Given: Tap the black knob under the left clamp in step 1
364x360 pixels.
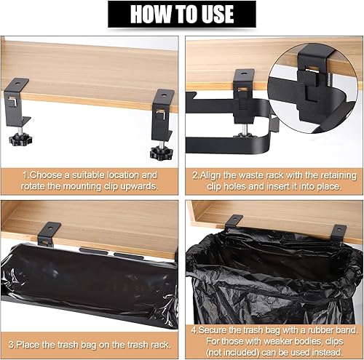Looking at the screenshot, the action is (20, 140).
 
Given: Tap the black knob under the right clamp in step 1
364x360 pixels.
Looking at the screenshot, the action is (161, 153).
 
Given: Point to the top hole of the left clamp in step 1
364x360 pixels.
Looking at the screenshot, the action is (17, 83).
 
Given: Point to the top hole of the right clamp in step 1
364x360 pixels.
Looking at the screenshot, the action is (164, 94).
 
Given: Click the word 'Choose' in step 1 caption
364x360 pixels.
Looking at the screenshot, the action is (47, 175).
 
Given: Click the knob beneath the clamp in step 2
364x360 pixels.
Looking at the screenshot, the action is (243, 135).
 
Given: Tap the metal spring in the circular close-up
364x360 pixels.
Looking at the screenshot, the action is (328, 78).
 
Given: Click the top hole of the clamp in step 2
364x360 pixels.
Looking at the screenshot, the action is (243, 73).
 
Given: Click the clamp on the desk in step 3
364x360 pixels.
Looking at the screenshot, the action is (48, 233).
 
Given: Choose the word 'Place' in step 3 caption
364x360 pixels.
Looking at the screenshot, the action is (28, 345).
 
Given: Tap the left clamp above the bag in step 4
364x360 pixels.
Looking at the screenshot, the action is (234, 221).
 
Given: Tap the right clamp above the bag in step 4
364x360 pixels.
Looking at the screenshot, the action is (339, 232).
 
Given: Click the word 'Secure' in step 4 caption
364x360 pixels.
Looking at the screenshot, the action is (213, 330).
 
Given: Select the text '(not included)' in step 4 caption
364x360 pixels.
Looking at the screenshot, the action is (232, 352).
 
